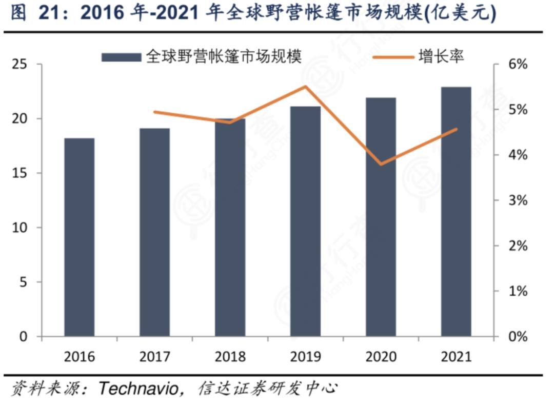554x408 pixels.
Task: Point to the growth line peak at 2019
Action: (305, 87)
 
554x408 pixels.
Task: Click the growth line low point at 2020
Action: (381, 164)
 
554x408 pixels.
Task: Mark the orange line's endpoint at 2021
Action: (456, 129)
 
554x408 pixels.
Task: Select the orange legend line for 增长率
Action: (393, 57)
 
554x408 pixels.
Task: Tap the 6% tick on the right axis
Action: (516, 65)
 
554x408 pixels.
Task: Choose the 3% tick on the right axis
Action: (516, 200)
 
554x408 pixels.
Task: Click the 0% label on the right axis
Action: (516, 337)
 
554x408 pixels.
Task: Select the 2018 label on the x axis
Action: (230, 356)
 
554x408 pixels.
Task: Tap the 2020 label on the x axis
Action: (381, 356)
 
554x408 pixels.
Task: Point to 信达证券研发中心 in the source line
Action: (267, 388)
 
